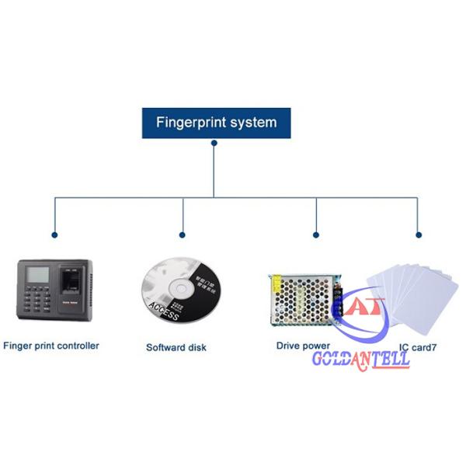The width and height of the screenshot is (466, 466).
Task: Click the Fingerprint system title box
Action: (216, 123)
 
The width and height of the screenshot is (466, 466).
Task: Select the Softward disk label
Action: (176, 347)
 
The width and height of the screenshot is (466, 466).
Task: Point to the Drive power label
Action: (303, 346)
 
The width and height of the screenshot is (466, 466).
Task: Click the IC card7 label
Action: (418, 347)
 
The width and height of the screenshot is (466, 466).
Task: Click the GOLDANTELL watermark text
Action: (360, 360)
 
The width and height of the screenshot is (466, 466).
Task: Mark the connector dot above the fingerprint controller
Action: (54, 233)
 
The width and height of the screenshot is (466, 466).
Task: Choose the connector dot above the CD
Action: (183, 233)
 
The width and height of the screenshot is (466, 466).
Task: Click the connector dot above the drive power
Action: (316, 233)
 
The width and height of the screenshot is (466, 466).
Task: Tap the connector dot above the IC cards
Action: (418, 233)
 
